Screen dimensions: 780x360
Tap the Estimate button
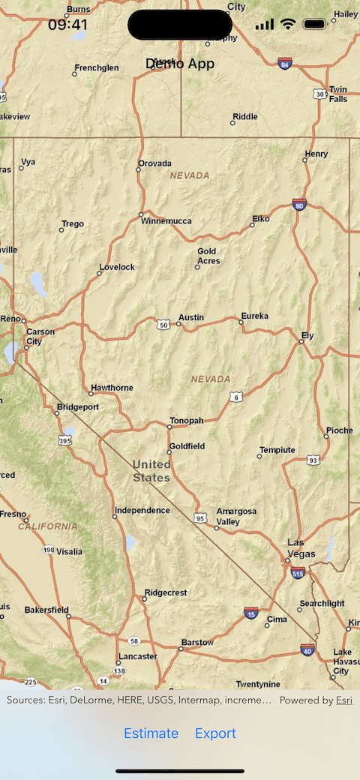151,733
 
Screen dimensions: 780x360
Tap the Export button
215,733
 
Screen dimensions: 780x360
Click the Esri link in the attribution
343,700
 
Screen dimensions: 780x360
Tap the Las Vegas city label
301,548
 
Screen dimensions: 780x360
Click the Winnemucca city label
168,220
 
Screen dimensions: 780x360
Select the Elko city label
261,218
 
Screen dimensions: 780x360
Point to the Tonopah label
187,421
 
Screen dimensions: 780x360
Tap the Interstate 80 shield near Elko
299,204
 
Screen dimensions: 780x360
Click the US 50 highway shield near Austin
163,325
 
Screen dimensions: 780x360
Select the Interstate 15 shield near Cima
250,614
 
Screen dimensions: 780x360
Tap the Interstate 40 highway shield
307,649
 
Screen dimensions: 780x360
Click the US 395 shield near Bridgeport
65,441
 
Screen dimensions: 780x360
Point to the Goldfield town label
187,446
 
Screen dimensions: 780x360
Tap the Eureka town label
254,316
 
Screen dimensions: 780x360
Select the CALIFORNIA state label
48,526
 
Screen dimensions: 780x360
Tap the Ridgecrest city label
166,592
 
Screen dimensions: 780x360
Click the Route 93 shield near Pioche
313,460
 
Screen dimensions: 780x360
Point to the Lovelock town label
118,267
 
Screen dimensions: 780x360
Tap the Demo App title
180,64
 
